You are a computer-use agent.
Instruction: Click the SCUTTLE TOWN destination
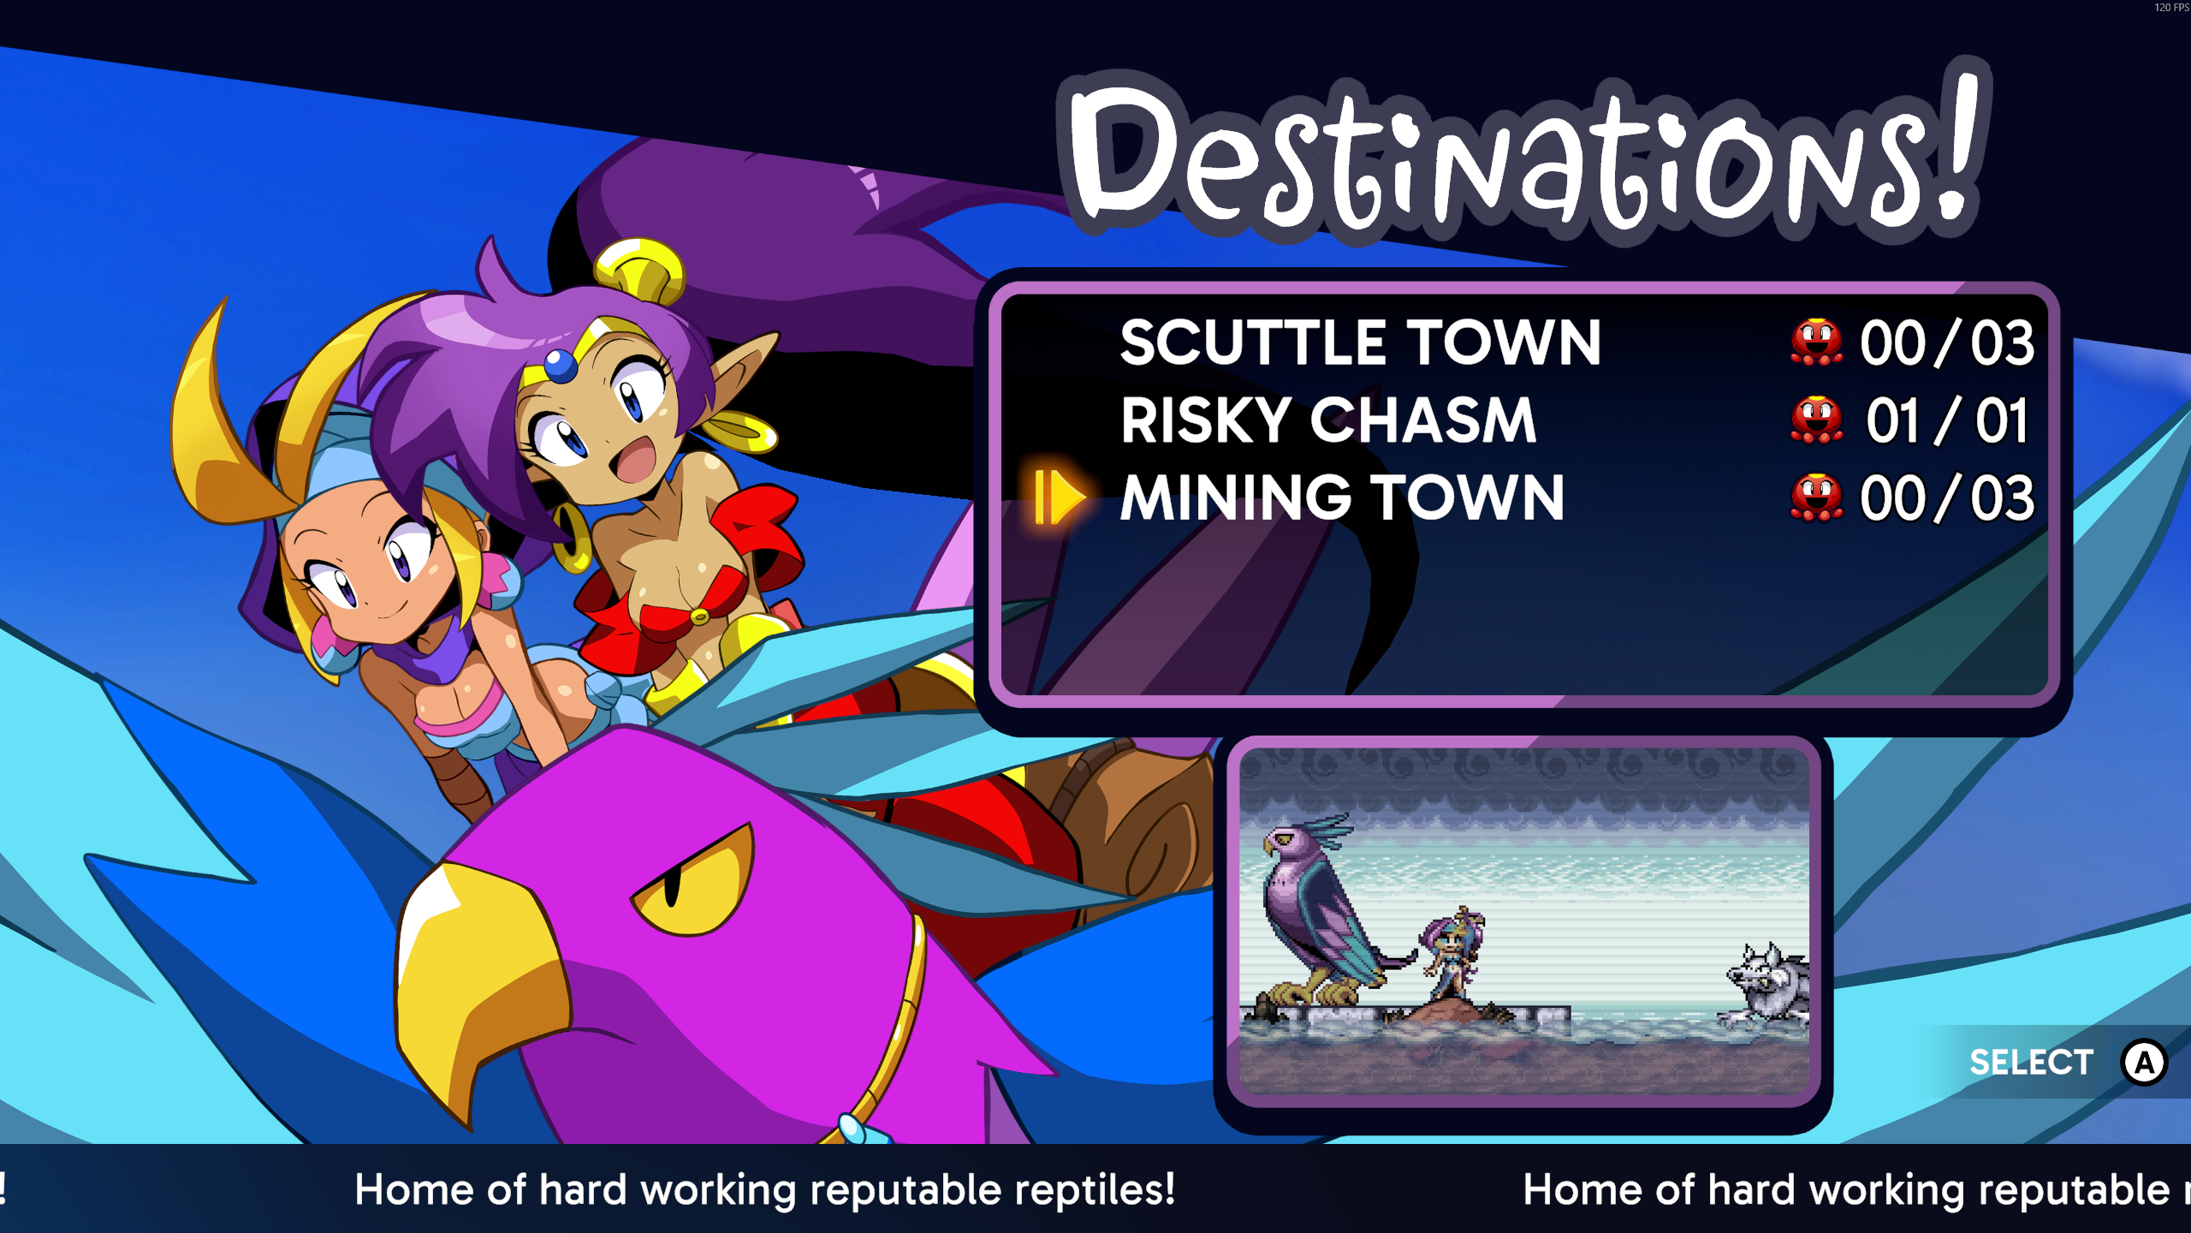(x=1360, y=342)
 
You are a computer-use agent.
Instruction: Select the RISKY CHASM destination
(x=1328, y=420)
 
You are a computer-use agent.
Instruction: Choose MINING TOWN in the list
(x=1342, y=497)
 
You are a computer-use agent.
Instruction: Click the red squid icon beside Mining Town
(x=1816, y=497)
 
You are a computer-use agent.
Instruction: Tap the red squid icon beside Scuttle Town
(x=1816, y=342)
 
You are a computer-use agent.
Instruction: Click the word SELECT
(x=2031, y=1063)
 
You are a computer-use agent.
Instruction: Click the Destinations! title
(x=1523, y=154)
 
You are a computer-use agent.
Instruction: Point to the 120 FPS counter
(x=2171, y=7)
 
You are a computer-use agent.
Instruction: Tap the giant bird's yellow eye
(x=693, y=878)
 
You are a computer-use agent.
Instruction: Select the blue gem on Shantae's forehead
(x=560, y=366)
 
